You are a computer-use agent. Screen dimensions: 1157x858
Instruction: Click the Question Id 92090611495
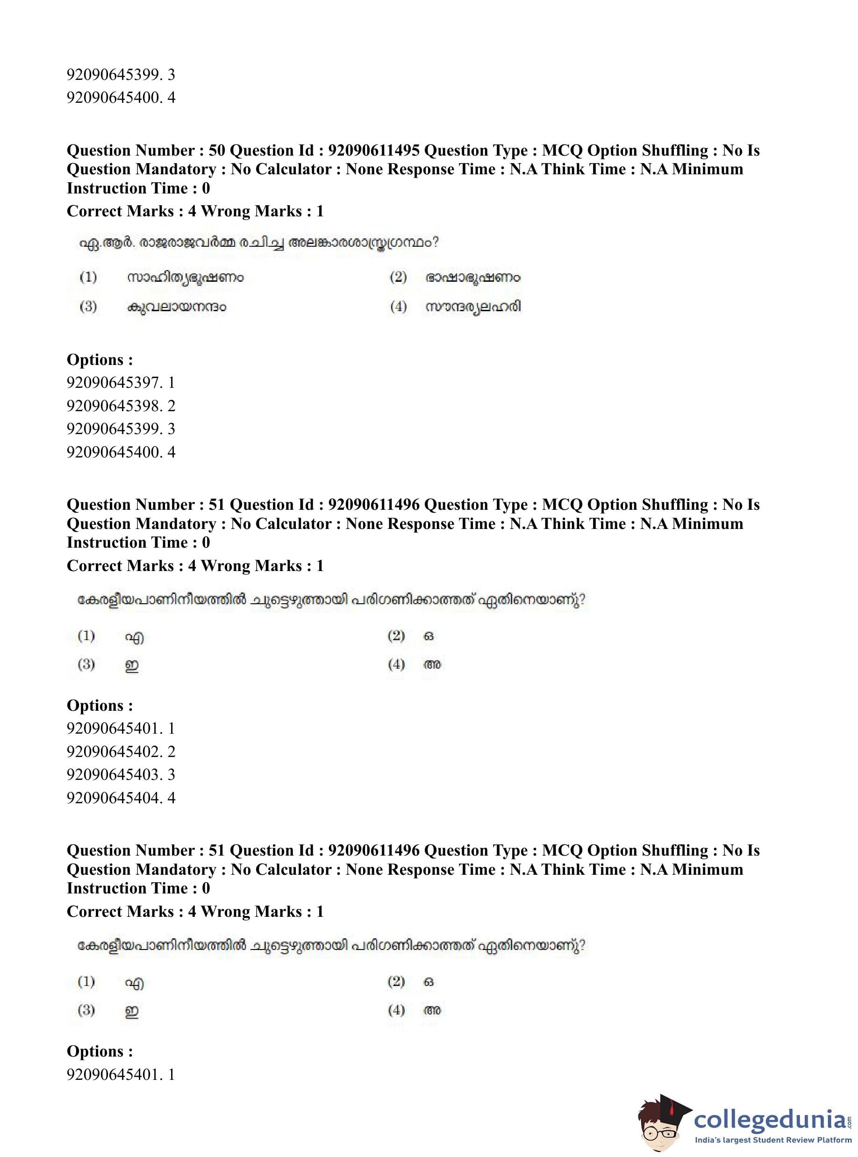[373, 150]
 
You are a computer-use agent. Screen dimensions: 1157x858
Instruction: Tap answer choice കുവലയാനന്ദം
[177, 307]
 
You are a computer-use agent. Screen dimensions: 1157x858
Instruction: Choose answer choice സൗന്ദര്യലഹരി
[473, 307]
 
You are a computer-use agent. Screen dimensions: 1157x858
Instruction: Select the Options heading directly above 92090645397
[100, 360]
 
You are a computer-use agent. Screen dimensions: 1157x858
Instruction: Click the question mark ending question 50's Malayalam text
[435, 243]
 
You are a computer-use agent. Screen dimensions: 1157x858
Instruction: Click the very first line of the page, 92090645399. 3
[121, 75]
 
